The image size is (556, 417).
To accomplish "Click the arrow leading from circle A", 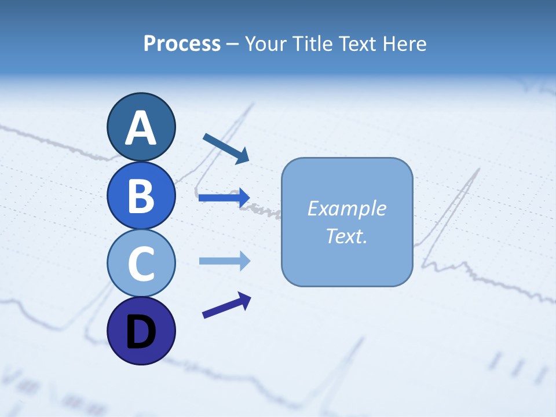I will [x=226, y=148].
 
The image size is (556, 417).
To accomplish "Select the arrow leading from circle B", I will [x=224, y=197].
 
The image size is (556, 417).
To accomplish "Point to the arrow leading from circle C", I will [x=224, y=261].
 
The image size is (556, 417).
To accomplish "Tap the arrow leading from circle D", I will [x=226, y=305].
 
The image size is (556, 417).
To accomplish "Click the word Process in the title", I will [x=182, y=43].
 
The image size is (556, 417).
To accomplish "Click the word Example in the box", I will [x=347, y=209].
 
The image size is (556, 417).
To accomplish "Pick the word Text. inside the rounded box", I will [x=347, y=236].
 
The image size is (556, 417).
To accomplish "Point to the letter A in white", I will [x=141, y=129].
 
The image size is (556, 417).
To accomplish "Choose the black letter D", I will [x=141, y=332].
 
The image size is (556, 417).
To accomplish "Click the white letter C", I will [x=141, y=264].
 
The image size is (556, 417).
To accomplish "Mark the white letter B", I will [x=141, y=195].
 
